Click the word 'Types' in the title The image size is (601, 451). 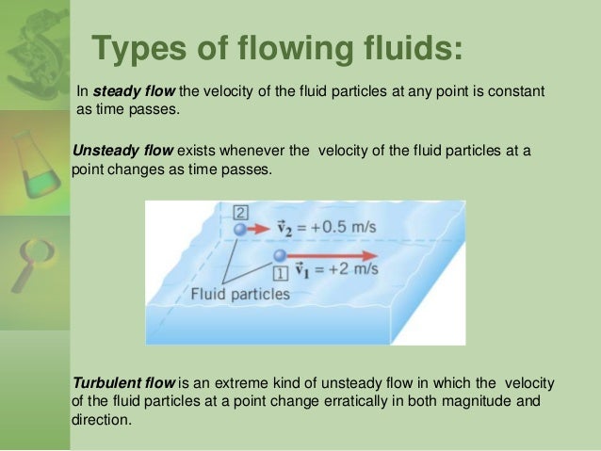click(x=138, y=49)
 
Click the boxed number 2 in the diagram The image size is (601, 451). click(x=240, y=212)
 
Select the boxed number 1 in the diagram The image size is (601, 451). click(x=280, y=273)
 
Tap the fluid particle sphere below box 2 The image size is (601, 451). click(x=241, y=229)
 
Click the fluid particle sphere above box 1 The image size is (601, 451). click(x=279, y=255)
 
